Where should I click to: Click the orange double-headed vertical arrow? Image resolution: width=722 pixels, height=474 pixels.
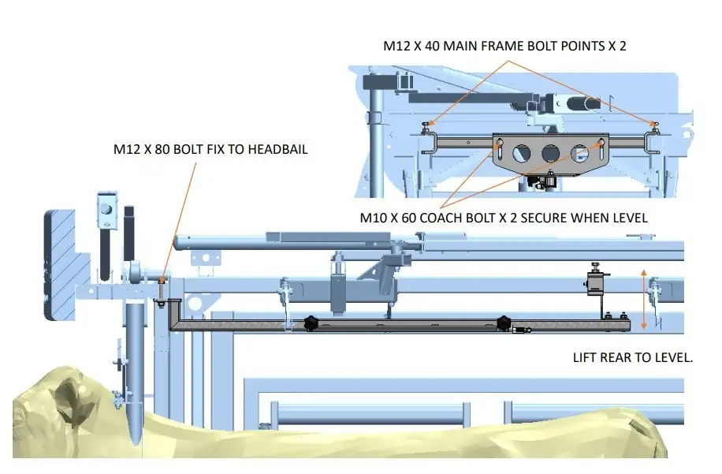pos(644,300)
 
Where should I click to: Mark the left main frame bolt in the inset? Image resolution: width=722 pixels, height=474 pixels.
pos(426,124)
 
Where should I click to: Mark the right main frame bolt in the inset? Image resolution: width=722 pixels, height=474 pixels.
pos(653,124)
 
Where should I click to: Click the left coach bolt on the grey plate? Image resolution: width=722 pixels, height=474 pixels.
pos(498,143)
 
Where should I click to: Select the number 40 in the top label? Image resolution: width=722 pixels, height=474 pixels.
pos(432,46)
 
